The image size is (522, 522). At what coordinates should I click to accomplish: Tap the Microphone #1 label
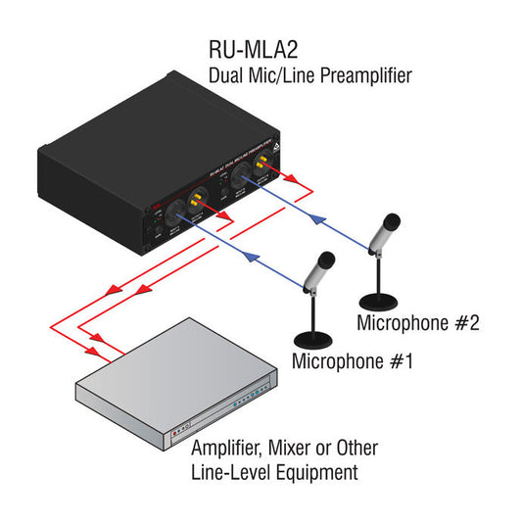[353, 360]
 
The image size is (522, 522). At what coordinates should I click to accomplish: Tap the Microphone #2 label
[418, 322]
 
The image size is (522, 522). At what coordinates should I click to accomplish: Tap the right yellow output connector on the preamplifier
[261, 168]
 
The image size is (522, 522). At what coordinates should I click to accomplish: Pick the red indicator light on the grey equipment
[176, 430]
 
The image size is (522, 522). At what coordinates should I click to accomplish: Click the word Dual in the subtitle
[227, 75]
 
